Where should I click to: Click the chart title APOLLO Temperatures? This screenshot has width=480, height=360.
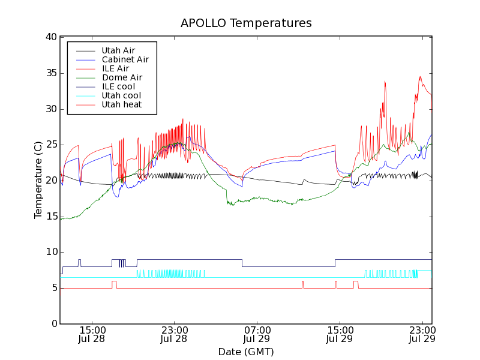(246, 23)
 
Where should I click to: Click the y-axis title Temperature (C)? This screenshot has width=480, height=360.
(38, 180)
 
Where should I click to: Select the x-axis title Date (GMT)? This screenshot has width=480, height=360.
(246, 352)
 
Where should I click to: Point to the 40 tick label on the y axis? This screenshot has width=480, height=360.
(50, 37)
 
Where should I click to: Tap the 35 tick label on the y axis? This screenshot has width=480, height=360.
(50, 73)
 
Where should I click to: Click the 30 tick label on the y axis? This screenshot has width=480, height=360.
(50, 109)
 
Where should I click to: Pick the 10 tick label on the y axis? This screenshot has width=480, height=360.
(50, 252)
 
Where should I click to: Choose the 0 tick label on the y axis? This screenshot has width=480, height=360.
(53, 324)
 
